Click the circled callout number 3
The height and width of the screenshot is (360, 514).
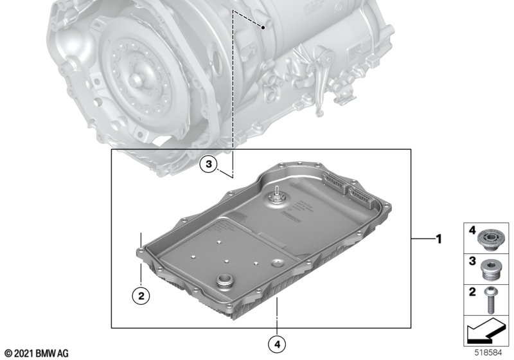pyautogui.click(x=208, y=165)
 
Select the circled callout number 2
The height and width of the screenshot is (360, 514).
pyautogui.click(x=141, y=296)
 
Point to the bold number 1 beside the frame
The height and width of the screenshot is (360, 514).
pyautogui.click(x=439, y=240)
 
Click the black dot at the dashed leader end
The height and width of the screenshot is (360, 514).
pyautogui.click(x=263, y=28)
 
